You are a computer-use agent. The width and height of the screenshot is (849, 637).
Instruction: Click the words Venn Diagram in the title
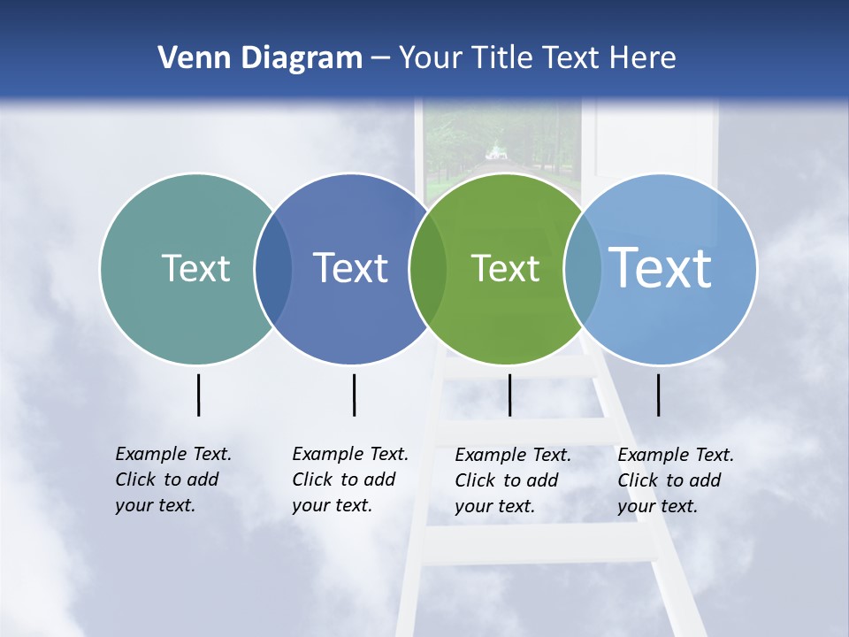pyautogui.click(x=260, y=58)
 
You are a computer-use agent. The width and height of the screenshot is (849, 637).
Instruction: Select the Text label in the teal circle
pyautogui.click(x=195, y=268)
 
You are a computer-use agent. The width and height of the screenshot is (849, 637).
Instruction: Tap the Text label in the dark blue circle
pyautogui.click(x=350, y=268)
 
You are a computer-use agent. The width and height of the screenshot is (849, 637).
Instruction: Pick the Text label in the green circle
pyautogui.click(x=505, y=268)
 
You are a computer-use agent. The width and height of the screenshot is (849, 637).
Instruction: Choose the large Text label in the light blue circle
pyautogui.click(x=661, y=267)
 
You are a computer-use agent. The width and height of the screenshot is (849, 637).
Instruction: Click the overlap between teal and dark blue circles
pyautogui.click(x=273, y=268)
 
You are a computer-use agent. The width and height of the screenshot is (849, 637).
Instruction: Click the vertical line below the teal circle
pyautogui.click(x=198, y=395)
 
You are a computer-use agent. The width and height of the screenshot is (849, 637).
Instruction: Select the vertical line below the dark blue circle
pyautogui.click(x=354, y=395)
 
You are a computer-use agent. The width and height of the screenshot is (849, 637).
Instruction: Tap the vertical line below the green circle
pyautogui.click(x=509, y=395)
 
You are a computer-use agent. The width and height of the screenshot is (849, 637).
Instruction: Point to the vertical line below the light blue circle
pyautogui.click(x=658, y=395)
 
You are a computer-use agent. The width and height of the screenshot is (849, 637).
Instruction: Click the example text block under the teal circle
pyautogui.click(x=172, y=480)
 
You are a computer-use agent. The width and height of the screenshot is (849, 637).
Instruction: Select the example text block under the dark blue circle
pyautogui.click(x=349, y=480)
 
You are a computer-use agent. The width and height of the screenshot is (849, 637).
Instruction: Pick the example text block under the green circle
pyautogui.click(x=512, y=480)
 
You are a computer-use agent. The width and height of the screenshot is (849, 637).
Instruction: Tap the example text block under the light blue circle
pyautogui.click(x=675, y=480)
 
